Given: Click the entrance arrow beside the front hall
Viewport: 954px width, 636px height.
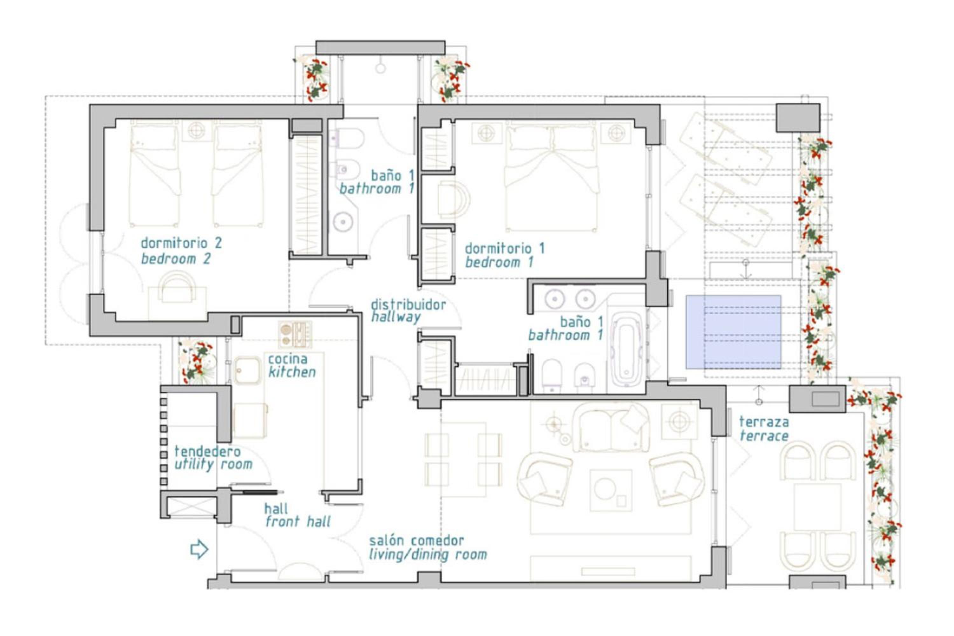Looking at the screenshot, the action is pyautogui.click(x=199, y=549).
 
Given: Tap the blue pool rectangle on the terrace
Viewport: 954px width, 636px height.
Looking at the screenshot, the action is pyautogui.click(x=733, y=332).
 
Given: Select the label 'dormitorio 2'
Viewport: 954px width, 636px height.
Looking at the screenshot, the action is pyautogui.click(x=181, y=243).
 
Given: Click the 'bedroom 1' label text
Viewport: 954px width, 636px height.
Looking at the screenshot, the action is pyautogui.click(x=499, y=262).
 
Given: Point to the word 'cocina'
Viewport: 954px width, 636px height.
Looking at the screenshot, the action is pyautogui.click(x=287, y=359).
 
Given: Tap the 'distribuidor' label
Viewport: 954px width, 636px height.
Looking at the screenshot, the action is pyautogui.click(x=408, y=304).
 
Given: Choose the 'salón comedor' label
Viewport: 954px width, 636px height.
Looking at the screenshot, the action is pyautogui.click(x=416, y=540).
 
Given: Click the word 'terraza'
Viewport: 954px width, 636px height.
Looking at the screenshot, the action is pyautogui.click(x=764, y=422).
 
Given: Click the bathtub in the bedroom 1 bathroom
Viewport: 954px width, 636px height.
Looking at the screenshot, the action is pyautogui.click(x=627, y=349).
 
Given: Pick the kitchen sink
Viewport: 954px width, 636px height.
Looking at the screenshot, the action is pyautogui.click(x=247, y=371).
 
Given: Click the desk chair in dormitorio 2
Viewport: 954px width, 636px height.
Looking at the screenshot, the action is pyautogui.click(x=177, y=287).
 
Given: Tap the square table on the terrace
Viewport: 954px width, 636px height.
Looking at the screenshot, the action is pyautogui.click(x=817, y=507).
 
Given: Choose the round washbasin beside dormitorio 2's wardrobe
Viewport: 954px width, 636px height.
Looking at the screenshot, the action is pyautogui.click(x=343, y=222).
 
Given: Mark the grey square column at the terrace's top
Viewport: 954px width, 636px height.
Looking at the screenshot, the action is pyautogui.click(x=798, y=118).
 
